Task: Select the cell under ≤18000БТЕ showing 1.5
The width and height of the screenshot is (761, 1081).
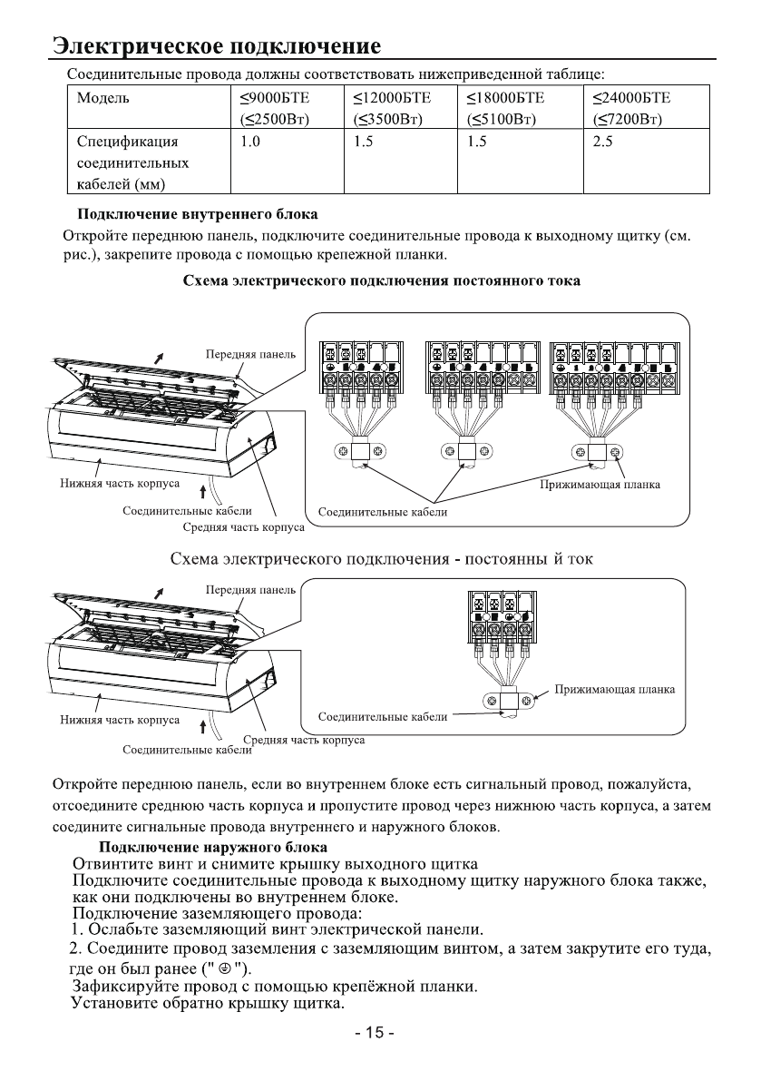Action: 477,142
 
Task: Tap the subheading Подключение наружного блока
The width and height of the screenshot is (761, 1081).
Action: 200,847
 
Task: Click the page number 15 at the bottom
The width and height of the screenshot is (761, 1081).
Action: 380,1033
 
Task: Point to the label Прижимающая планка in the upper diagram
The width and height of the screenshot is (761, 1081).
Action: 600,485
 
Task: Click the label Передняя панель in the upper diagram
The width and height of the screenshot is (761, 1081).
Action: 246,353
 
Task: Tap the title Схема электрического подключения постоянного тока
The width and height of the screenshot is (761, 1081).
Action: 381,281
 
